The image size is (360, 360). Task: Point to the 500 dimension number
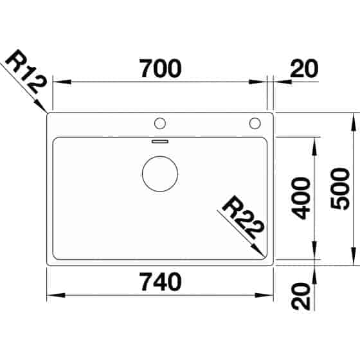point(342,190)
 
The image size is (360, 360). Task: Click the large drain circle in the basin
point(159,174)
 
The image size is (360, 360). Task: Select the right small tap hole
point(255,122)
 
